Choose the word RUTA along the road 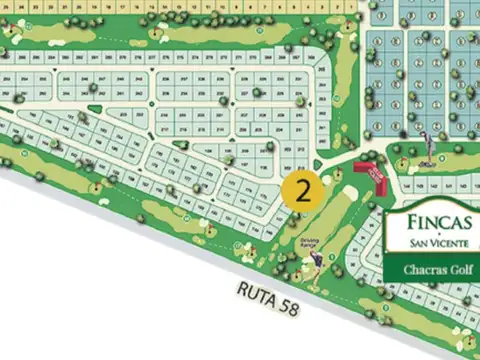click(256, 293)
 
